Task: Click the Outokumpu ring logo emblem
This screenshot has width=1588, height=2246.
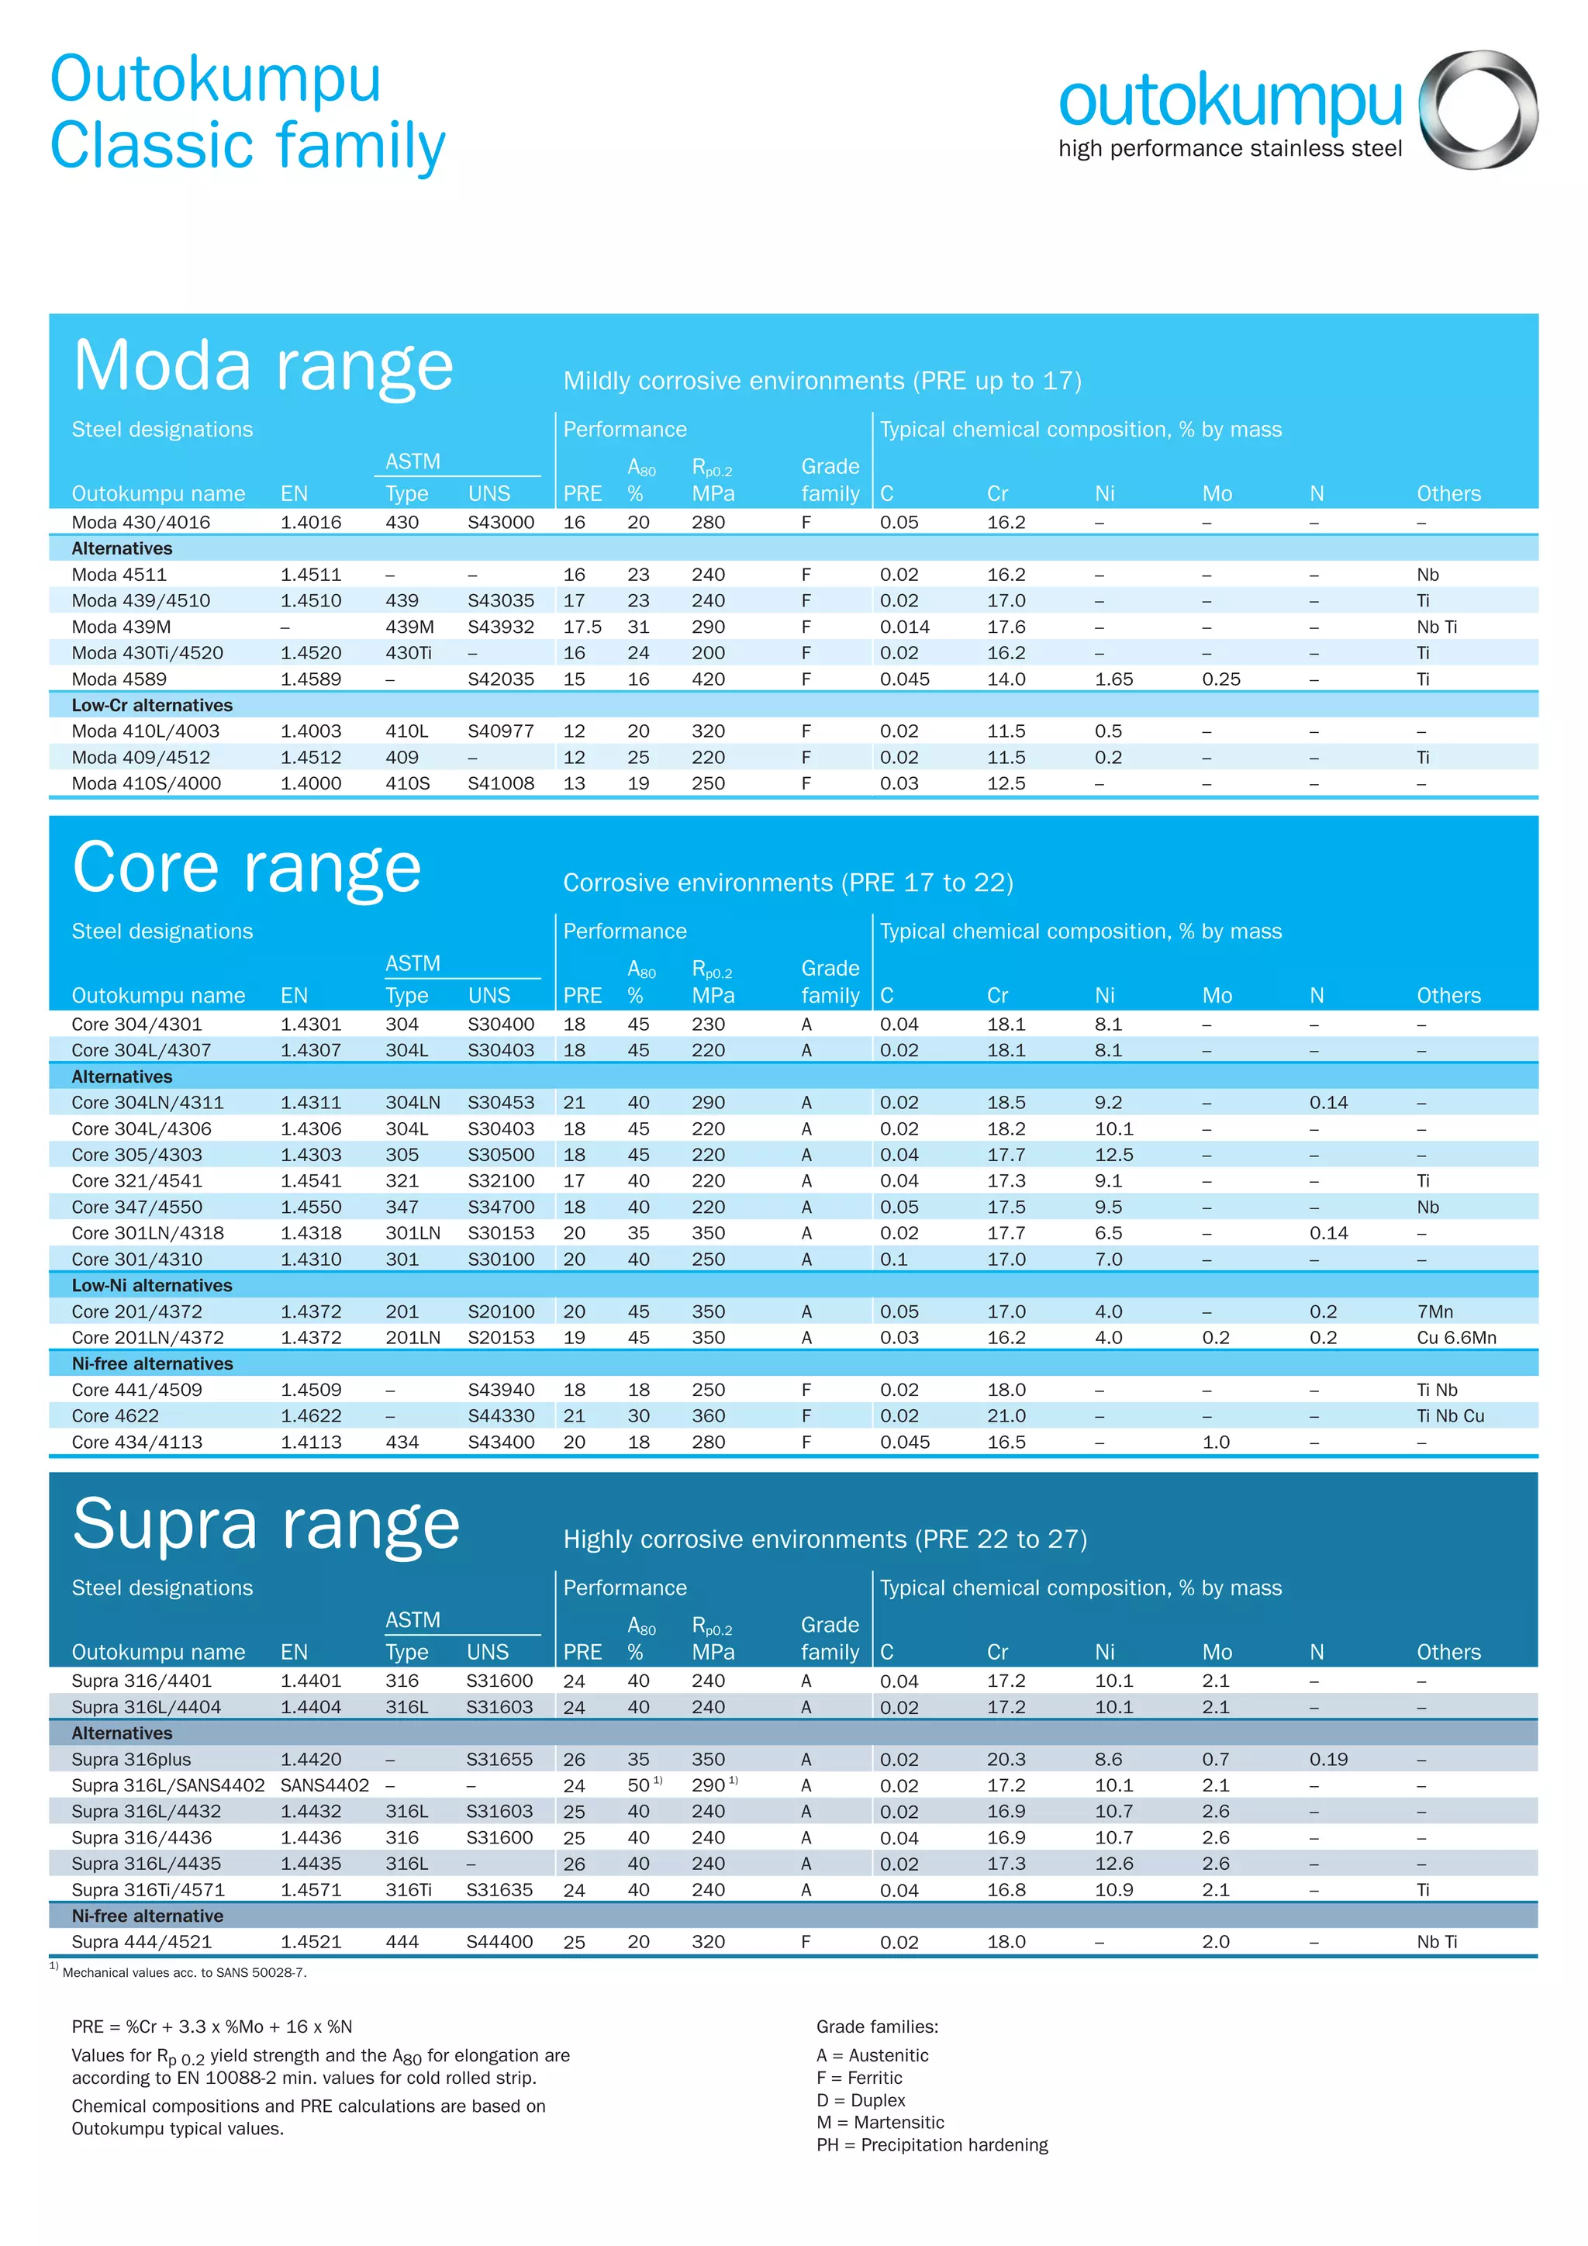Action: coord(1477,109)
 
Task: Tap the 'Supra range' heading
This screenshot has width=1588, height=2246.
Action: coord(266,1524)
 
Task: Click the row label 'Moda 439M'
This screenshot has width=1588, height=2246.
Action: coord(109,627)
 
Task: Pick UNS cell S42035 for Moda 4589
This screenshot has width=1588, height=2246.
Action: coord(501,679)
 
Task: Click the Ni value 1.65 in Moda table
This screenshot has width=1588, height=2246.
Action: coord(1113,679)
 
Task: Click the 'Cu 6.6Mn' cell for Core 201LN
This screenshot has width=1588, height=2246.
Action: coord(1456,1337)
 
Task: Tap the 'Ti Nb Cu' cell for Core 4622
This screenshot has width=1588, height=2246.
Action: coord(1450,1415)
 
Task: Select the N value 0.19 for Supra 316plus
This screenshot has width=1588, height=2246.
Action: coord(1328,1759)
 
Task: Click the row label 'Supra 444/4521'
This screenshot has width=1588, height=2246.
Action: coord(141,1942)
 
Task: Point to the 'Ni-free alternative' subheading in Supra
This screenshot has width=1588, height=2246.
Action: coord(147,1916)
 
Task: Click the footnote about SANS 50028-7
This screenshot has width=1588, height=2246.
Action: coord(183,1972)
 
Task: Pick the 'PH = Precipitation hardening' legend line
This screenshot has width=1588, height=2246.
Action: coord(931,2144)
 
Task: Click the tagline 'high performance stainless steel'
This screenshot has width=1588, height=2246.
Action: coord(1229,149)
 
